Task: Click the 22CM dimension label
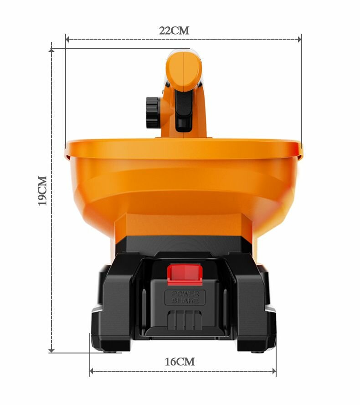tap(174, 31)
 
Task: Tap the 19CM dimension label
tap(42, 191)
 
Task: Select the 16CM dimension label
tap(180, 362)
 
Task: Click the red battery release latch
tap(185, 275)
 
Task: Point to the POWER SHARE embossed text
tap(185, 297)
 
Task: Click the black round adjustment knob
tap(153, 112)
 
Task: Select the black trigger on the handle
tap(184, 110)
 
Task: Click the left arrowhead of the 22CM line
tap(67, 39)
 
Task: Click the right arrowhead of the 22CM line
tap(299, 39)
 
